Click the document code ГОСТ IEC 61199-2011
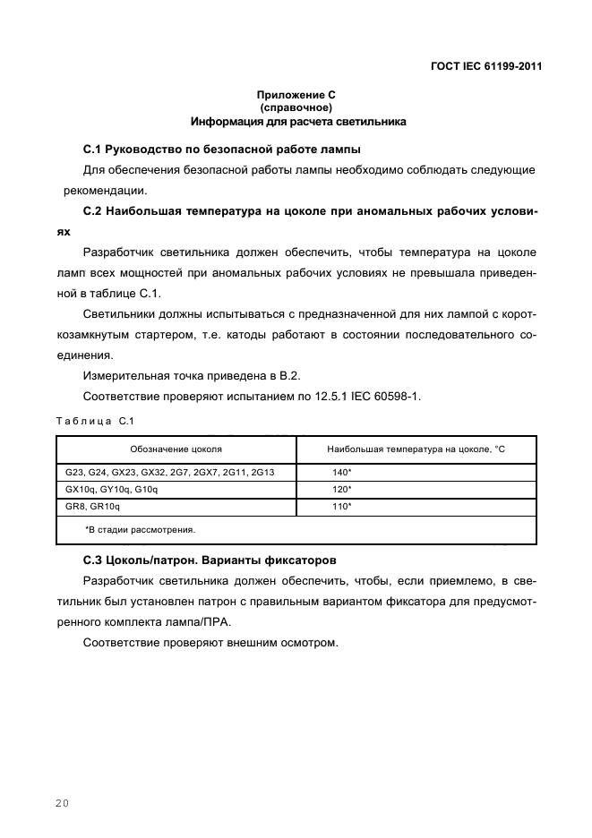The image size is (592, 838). click(485, 65)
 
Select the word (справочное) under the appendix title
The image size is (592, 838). click(296, 107)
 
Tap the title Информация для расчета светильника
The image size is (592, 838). click(296, 120)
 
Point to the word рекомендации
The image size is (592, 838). click(105, 190)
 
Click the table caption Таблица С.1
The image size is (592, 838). click(94, 421)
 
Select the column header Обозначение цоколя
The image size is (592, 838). click(176, 449)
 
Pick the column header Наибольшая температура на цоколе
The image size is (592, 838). click(416, 449)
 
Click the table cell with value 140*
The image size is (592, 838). click(341, 472)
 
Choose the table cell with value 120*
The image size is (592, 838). click(341, 490)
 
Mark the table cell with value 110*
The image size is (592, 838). click(341, 507)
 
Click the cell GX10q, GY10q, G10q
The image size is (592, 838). click(111, 490)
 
